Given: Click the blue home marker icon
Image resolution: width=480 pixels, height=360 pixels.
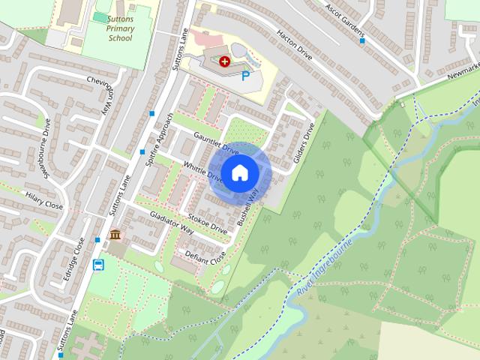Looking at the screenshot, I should (239, 172).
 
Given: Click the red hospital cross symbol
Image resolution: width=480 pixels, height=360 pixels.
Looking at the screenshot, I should (224, 60).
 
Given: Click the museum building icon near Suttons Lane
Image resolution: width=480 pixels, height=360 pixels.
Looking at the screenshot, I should (115, 236).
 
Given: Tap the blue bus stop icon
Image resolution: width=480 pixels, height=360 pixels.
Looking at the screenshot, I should (98, 264).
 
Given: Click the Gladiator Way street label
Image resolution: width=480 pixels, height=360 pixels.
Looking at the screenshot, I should (173, 223).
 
